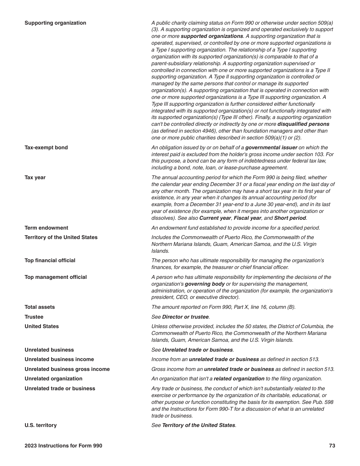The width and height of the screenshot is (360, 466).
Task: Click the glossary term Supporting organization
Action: pos(55,23)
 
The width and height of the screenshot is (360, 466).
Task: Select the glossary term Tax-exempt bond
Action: pos(46,148)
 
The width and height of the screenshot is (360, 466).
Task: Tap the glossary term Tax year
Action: pos(35,178)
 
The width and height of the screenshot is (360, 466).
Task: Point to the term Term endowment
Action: pos(46,228)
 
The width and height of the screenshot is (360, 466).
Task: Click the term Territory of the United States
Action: pos(61,238)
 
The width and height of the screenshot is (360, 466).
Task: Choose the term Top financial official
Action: pos(50,261)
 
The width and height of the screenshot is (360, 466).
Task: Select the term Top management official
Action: pos(55,277)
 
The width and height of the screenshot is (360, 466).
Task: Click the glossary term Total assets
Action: pos(39,307)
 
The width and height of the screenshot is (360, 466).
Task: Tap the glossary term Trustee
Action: pos(34,317)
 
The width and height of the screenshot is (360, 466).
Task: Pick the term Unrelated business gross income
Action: pos(67,369)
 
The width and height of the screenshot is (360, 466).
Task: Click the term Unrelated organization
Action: pos(53,379)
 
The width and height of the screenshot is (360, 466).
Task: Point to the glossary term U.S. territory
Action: pos(41,425)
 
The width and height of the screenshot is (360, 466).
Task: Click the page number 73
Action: pos(332,446)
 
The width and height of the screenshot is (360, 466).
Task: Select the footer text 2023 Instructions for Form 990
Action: pos(63,446)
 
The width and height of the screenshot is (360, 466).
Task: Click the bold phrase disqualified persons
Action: pos(303,124)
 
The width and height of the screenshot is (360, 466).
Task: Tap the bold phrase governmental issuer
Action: pos(271,148)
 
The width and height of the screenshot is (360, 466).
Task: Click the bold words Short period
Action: pos(290,218)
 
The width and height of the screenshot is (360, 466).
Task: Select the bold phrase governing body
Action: pos(205,284)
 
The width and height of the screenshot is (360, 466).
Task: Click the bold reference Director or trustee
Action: pos(185,317)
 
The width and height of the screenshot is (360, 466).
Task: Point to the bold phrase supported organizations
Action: pos(212,36)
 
